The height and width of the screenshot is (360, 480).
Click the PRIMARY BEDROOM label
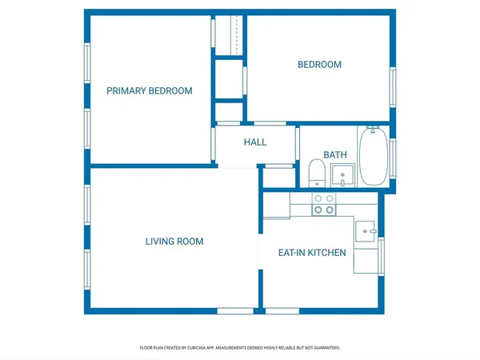(x=150, y=91)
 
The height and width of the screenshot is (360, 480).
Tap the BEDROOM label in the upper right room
(x=319, y=65)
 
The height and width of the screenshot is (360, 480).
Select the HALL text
(x=255, y=142)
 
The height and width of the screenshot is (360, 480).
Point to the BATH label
(x=334, y=155)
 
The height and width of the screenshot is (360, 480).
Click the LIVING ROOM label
(x=174, y=242)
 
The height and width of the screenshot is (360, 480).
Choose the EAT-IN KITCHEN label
(x=311, y=253)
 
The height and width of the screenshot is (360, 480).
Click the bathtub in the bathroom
(x=372, y=155)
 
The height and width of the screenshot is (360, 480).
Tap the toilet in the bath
(x=316, y=173)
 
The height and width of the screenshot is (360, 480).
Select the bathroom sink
(x=343, y=174)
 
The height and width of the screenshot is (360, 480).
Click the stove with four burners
(x=323, y=204)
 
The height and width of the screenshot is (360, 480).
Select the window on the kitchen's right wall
(x=382, y=255)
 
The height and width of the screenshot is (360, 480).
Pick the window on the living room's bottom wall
(x=234, y=310)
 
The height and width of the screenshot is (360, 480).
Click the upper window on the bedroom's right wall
(x=392, y=86)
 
